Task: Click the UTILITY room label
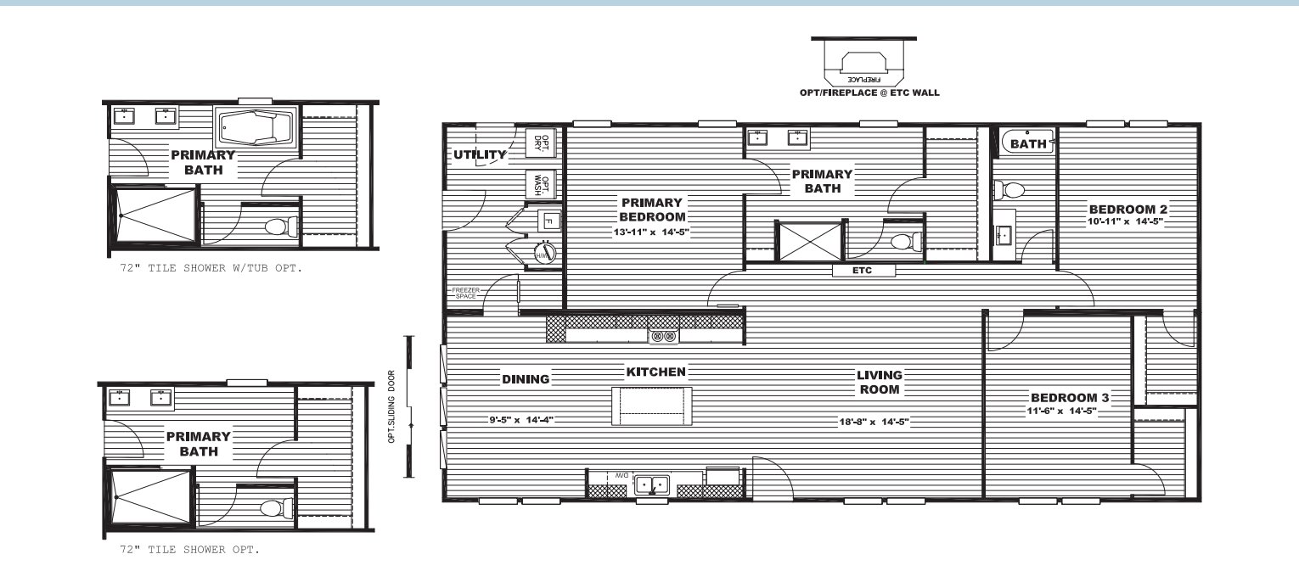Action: tap(480, 154)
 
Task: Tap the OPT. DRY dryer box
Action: tap(541, 143)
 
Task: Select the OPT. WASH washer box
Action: tap(541, 185)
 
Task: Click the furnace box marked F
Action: tap(549, 221)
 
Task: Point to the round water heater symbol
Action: tap(544, 254)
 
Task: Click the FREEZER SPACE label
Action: tap(465, 294)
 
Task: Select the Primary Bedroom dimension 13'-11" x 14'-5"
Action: tap(651, 232)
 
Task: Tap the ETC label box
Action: tap(863, 270)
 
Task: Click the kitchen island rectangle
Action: tap(652, 406)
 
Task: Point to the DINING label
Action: tap(526, 379)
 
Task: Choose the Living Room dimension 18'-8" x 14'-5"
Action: tap(874, 422)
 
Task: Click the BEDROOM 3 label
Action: tap(1070, 398)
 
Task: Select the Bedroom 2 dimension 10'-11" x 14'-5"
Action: tap(1125, 221)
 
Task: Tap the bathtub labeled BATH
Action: tap(1027, 143)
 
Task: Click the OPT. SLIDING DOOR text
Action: tap(391, 406)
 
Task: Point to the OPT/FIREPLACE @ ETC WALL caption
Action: tap(869, 92)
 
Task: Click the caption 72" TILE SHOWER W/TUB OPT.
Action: tap(211, 268)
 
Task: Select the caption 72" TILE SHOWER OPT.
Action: tap(189, 550)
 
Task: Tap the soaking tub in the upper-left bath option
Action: tap(256, 127)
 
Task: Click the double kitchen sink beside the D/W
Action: tap(652, 484)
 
